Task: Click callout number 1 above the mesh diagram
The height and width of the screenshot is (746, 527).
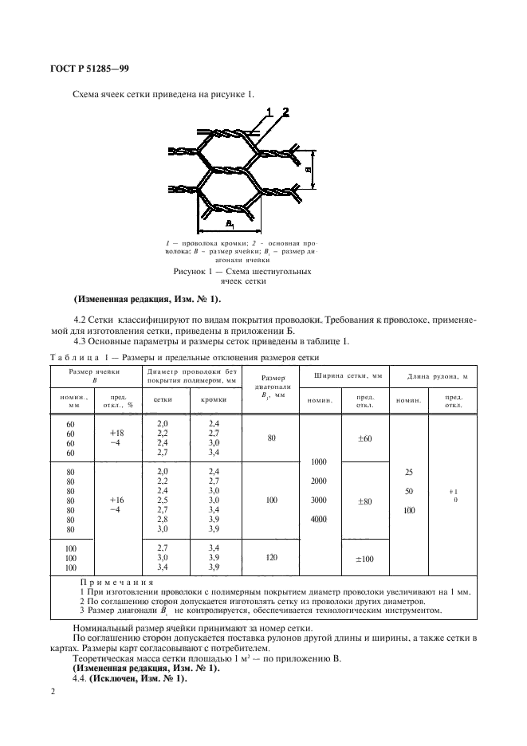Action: click(x=269, y=111)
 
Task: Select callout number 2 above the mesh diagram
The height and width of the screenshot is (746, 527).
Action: click(x=284, y=111)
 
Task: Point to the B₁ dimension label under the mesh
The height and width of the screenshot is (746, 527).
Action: click(x=230, y=224)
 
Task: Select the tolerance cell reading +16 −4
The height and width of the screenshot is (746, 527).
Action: click(x=117, y=504)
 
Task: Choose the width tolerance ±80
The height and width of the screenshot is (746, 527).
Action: click(x=366, y=502)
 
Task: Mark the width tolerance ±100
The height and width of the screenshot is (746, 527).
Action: click(x=366, y=559)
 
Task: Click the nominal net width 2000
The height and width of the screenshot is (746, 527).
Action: click(x=320, y=482)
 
